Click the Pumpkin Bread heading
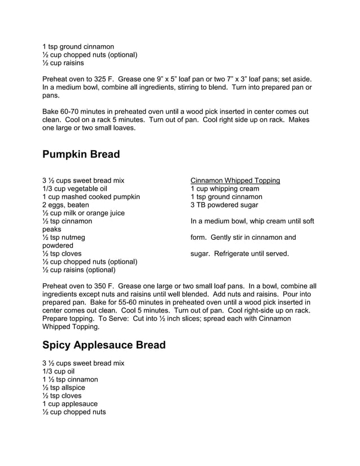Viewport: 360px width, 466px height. click(x=81, y=154)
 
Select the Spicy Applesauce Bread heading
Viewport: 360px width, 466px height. click(x=104, y=344)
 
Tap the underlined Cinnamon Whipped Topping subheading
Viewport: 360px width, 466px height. click(x=235, y=181)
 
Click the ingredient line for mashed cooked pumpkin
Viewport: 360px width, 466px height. click(x=91, y=197)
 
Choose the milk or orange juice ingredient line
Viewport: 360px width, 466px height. click(x=84, y=213)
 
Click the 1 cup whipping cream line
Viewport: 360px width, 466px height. click(x=225, y=188)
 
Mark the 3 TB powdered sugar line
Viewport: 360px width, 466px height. click(x=224, y=205)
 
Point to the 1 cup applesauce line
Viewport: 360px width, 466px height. click(x=70, y=404)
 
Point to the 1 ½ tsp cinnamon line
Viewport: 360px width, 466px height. click(x=70, y=380)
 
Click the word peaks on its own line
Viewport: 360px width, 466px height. click(x=52, y=230)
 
